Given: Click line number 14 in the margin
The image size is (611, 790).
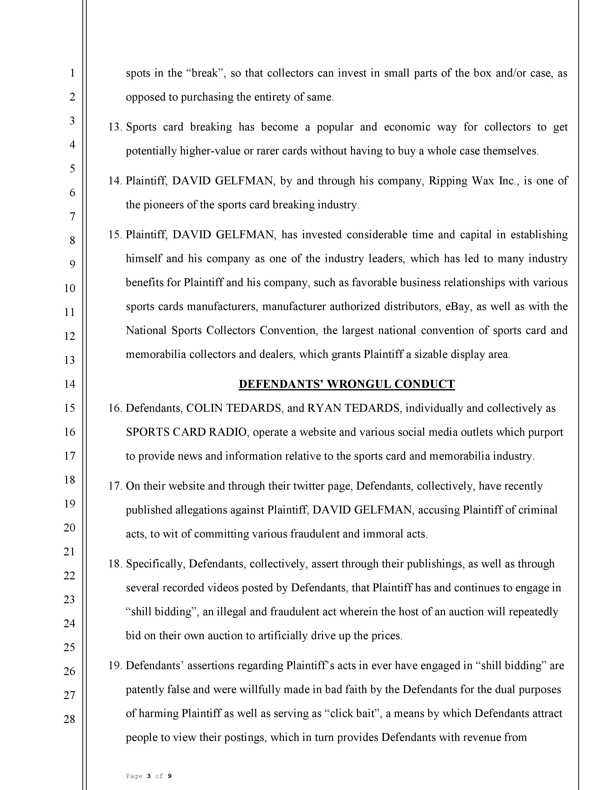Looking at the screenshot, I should point(69,384).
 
